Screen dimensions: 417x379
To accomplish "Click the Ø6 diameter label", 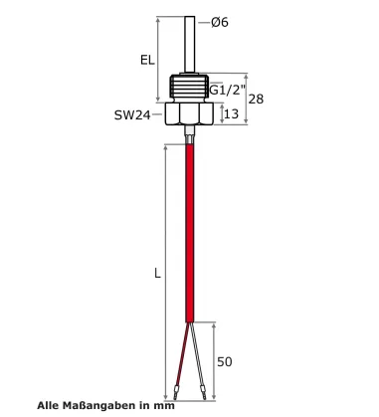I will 220,22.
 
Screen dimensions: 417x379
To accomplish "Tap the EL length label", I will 147,60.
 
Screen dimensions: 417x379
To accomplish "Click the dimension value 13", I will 230,115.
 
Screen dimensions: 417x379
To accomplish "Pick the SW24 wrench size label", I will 132,115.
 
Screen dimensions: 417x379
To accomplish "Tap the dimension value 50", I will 225,361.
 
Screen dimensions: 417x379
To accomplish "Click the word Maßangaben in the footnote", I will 100,405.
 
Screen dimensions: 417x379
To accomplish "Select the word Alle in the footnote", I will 49,405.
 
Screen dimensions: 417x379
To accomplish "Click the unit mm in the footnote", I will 164,405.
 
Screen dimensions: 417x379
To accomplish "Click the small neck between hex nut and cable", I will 189,135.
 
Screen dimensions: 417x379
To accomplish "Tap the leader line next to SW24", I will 160,115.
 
